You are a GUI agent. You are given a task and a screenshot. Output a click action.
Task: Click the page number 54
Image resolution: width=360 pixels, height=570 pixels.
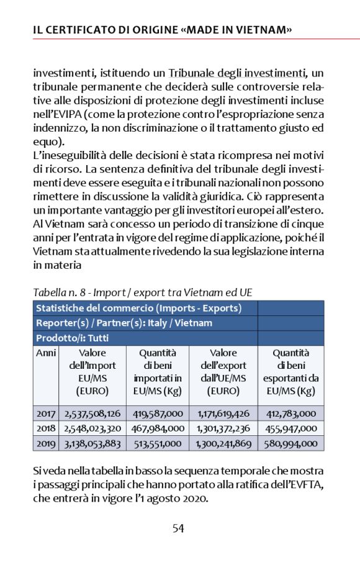click(x=178, y=528)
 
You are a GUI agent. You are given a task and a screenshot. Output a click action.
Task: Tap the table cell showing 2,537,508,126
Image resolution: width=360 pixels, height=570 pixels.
click(x=92, y=413)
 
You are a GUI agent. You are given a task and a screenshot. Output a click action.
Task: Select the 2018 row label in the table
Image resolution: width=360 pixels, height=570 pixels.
click(x=46, y=428)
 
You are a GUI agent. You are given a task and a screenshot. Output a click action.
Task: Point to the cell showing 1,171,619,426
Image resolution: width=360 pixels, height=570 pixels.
click(x=223, y=413)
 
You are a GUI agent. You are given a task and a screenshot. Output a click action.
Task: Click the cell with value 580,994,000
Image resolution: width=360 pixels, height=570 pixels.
click(x=290, y=443)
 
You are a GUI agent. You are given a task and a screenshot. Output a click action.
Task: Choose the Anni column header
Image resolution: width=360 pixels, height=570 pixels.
click(x=46, y=353)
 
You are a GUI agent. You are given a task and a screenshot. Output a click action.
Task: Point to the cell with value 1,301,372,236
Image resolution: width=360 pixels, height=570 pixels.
click(x=223, y=428)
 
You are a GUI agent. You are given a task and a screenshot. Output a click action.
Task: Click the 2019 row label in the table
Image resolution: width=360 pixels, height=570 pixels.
click(x=46, y=443)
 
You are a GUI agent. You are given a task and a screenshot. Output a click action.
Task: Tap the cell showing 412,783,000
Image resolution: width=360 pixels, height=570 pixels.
click(x=290, y=413)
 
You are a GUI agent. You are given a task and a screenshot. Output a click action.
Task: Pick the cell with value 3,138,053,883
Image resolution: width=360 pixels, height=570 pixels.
click(x=92, y=443)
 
